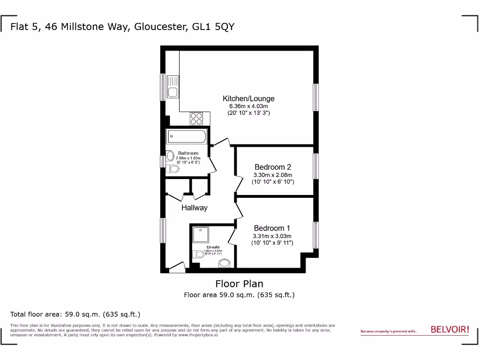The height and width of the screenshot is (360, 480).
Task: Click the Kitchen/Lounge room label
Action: click(x=248, y=98)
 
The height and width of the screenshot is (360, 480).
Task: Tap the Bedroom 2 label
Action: click(x=273, y=167)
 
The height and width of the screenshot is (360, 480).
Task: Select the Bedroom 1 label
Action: click(x=272, y=228)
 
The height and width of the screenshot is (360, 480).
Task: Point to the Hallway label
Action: click(x=194, y=208)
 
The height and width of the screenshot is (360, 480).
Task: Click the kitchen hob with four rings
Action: click(x=196, y=119)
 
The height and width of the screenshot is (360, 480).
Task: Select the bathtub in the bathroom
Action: click(x=186, y=137)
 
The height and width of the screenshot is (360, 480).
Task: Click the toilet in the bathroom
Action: click(x=172, y=168)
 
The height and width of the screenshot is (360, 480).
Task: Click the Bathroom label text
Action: click(x=188, y=153)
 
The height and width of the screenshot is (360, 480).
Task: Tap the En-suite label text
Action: click(x=213, y=247)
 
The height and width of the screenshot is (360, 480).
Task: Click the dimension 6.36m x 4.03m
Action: click(x=248, y=106)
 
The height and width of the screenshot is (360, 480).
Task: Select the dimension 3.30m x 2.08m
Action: click(x=273, y=175)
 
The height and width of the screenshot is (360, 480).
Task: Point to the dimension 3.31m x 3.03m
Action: click(x=272, y=236)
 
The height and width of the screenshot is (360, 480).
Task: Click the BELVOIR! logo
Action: click(x=450, y=330)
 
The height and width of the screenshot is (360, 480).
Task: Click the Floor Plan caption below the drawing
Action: click(x=239, y=284)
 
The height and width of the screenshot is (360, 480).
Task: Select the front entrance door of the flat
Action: click(x=177, y=268)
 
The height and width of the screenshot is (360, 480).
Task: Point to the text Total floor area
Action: click(x=37, y=314)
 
